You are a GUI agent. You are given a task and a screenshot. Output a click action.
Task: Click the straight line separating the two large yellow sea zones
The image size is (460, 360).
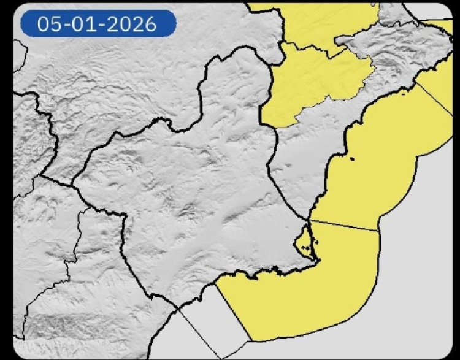[x=343, y=225]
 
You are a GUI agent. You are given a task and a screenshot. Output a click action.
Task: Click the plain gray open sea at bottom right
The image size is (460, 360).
[x=417, y=294]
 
